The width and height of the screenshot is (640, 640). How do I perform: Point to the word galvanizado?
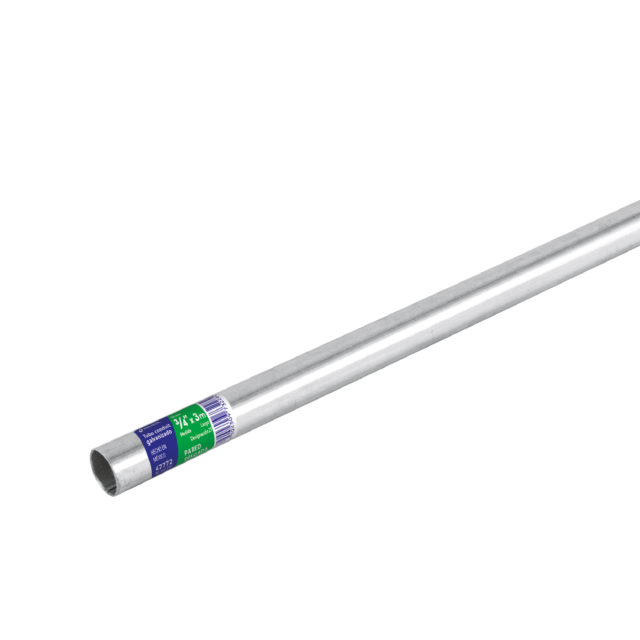coord(159,437)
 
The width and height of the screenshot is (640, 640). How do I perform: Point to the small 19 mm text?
coord(176,416)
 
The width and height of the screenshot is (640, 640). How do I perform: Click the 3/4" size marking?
coord(181,422)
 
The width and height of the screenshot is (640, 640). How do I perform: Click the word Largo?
coord(205,425)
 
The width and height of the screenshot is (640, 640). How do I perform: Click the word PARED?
coord(192,449)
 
